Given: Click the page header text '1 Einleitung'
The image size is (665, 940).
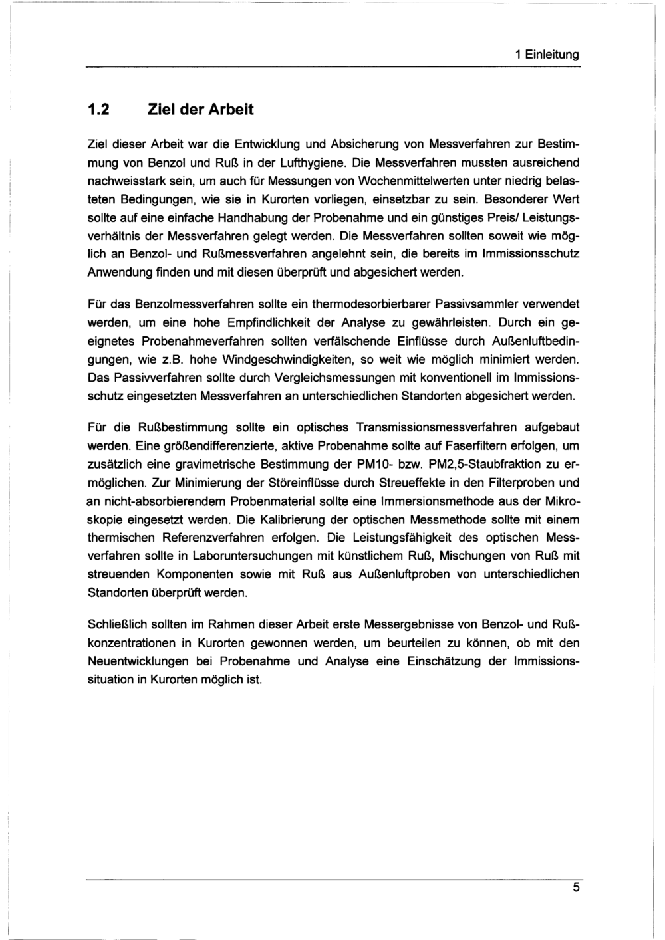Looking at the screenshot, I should (x=547, y=55).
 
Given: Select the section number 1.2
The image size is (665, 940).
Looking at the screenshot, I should (x=100, y=109).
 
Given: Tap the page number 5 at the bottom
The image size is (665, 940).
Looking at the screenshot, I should (x=576, y=889).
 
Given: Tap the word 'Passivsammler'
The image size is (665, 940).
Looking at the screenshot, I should (x=473, y=304).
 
